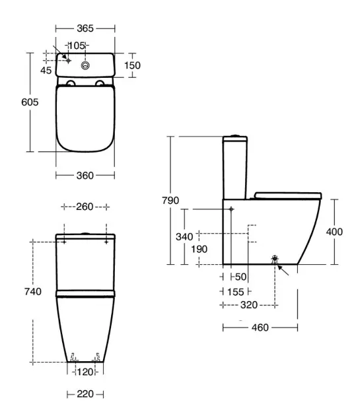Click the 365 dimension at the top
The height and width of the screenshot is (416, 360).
(x=85, y=28)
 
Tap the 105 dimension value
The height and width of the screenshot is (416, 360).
(x=77, y=46)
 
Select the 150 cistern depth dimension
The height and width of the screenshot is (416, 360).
(x=132, y=65)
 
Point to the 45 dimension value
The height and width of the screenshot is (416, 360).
(x=46, y=70)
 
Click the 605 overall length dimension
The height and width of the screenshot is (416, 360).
(x=30, y=102)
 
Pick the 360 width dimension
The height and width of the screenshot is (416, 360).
(x=85, y=176)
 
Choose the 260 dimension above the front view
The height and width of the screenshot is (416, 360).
(x=85, y=207)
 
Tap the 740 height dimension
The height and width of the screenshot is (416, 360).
(x=33, y=292)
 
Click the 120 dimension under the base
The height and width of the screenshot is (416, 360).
(x=85, y=372)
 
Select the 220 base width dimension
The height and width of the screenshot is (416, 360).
(x=85, y=394)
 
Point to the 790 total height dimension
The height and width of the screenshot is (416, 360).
(x=170, y=200)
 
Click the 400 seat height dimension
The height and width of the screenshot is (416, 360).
(x=334, y=232)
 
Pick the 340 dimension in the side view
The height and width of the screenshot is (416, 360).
(x=184, y=236)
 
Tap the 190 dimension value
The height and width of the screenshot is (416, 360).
(x=199, y=249)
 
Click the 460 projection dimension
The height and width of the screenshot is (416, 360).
(x=260, y=328)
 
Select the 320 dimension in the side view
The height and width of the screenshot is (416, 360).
(x=249, y=305)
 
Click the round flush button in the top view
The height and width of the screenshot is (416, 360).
(x=85, y=65)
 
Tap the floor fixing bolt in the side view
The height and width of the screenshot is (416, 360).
(x=275, y=259)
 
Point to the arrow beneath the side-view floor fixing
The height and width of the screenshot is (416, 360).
(x=283, y=270)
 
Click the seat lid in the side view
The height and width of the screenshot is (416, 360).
(x=288, y=195)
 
